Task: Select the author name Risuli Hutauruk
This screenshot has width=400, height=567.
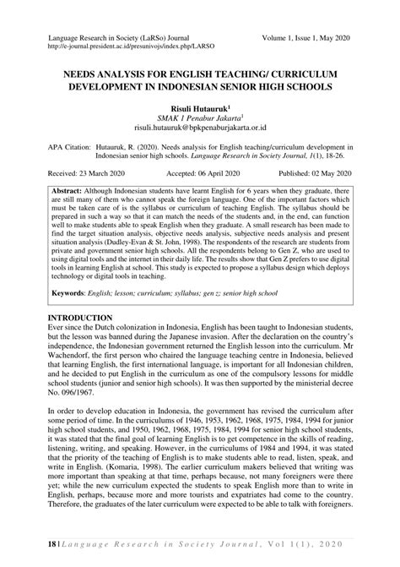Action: (199, 109)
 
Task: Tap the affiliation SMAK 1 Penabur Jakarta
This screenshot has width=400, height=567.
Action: (199, 120)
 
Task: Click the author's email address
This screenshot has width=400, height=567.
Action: (199, 130)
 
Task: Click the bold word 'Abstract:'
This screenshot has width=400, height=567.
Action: (69, 190)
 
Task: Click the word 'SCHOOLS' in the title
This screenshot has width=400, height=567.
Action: (310, 87)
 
